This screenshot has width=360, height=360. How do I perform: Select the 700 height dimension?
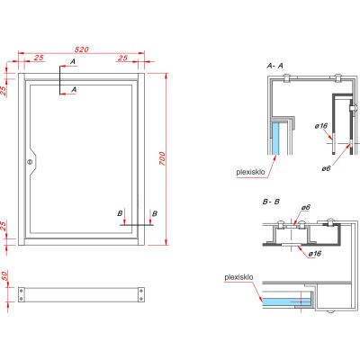[x=162, y=157]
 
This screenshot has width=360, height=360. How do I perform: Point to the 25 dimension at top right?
[x=121, y=58]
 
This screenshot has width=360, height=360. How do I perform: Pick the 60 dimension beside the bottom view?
[x=5, y=276]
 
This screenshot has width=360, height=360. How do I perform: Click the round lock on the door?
[x=29, y=163]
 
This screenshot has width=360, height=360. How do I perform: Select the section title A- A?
[x=275, y=67]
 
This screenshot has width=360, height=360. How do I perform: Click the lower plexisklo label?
[x=238, y=279]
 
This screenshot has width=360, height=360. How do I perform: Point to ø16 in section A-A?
[x=320, y=126]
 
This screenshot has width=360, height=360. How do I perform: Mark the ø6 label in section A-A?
[x=328, y=168]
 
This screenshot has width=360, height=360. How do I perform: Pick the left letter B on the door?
[x=120, y=213]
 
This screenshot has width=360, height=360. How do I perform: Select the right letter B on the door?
[x=154, y=213]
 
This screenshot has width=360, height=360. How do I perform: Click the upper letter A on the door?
[x=74, y=63]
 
